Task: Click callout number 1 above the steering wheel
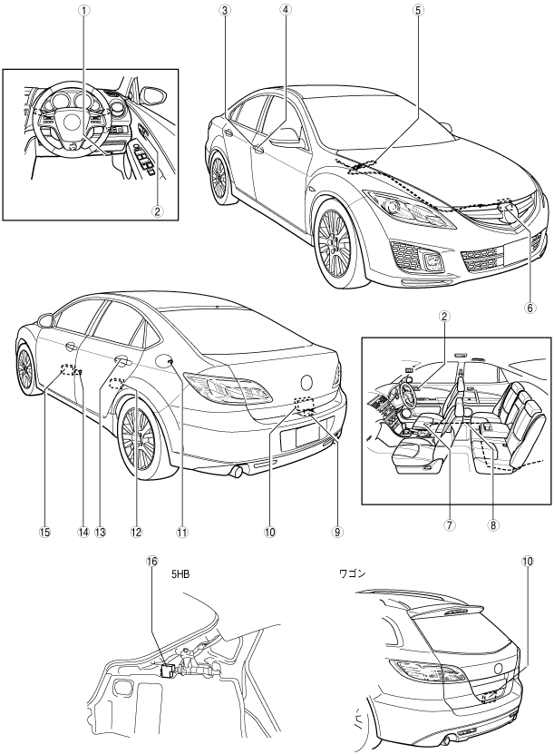(83, 13)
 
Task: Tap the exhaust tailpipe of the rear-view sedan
(238, 470)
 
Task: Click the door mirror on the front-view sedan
(286, 135)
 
